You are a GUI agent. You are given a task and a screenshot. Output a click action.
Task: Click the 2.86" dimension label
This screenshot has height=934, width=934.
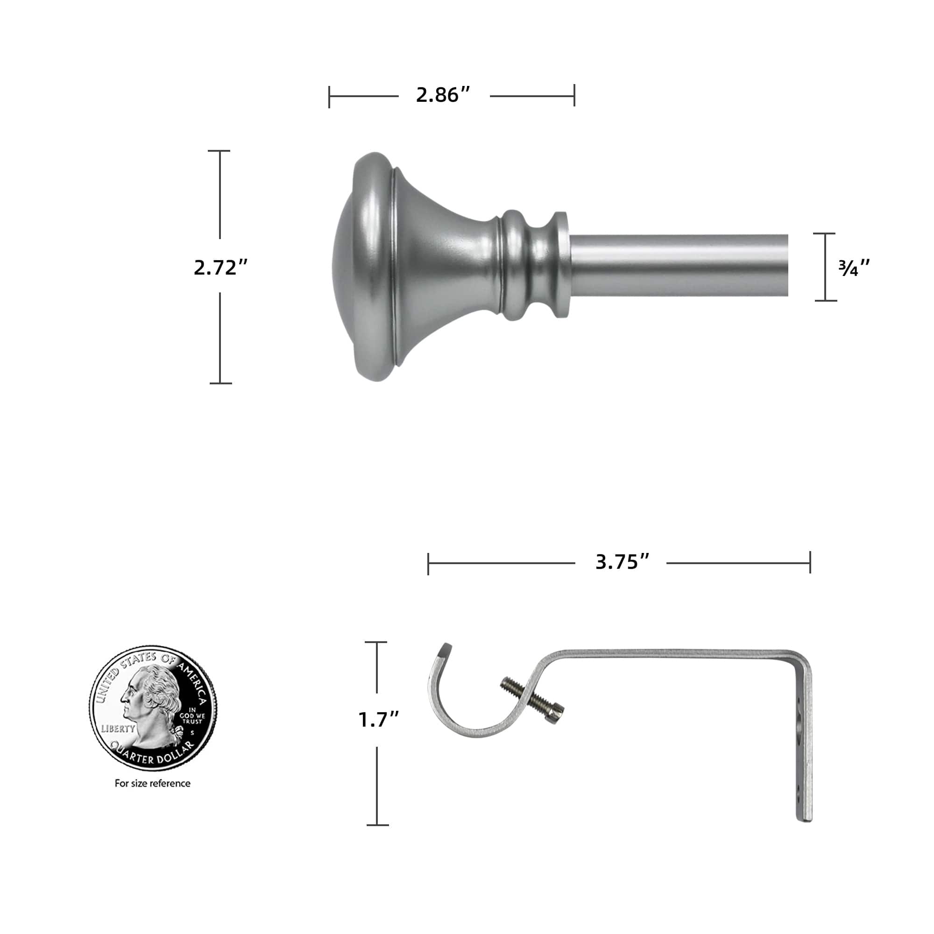(443, 95)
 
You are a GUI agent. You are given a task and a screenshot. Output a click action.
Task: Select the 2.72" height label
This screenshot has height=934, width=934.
(220, 267)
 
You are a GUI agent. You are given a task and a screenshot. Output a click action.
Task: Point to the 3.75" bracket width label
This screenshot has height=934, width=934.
(622, 562)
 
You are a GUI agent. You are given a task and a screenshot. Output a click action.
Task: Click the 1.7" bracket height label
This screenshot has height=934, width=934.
(379, 720)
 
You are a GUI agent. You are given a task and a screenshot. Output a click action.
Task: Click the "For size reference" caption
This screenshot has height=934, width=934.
(152, 783)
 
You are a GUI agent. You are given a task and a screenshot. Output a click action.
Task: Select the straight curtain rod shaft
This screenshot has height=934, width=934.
(677, 265)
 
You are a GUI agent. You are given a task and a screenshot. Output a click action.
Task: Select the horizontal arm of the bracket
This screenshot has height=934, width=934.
(677, 654)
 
